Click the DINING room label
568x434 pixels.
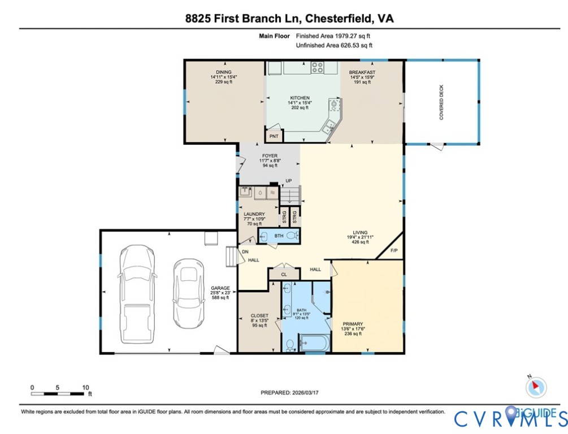[x=221, y=72]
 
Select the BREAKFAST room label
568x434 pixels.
[x=362, y=72]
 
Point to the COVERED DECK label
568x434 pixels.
[x=441, y=102]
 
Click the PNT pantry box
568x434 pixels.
[x=274, y=136]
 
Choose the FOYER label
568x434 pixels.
[x=270, y=155]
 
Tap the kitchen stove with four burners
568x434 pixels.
[x=318, y=68]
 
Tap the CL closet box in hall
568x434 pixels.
[x=284, y=274]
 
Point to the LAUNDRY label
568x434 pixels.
[x=254, y=214]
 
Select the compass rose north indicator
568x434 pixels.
[x=536, y=387]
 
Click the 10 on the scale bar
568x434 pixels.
[x=85, y=387]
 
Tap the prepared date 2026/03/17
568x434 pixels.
[x=310, y=392]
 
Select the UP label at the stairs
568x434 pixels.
[x=288, y=181]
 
